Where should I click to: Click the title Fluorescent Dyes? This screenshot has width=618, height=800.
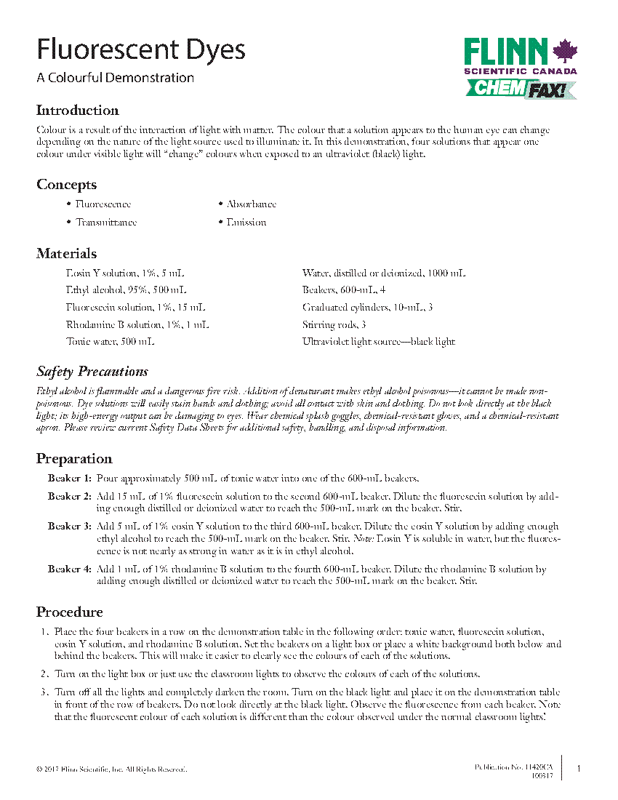pyautogui.click(x=141, y=50)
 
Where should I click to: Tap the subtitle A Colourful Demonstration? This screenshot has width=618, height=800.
pyautogui.click(x=116, y=78)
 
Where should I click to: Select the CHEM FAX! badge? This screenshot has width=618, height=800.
pyautogui.click(x=521, y=89)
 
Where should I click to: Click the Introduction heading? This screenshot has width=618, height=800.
pyautogui.click(x=78, y=111)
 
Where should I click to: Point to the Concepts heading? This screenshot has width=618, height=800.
pyautogui.click(x=67, y=185)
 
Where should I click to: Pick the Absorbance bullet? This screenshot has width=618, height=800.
pyautogui.click(x=251, y=204)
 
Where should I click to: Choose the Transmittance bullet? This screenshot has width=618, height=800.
pyautogui.click(x=106, y=223)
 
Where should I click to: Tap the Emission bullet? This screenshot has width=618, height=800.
pyautogui.click(x=246, y=223)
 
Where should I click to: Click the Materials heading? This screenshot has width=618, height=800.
pyautogui.click(x=67, y=254)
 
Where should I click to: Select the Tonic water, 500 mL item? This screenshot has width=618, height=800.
pyautogui.click(x=110, y=341)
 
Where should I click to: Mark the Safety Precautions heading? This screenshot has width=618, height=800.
pyautogui.click(x=92, y=372)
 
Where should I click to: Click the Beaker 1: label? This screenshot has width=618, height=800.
pyautogui.click(x=70, y=478)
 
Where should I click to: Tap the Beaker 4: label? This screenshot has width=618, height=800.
pyautogui.click(x=70, y=569)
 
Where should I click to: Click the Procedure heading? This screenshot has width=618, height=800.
pyautogui.click(x=70, y=612)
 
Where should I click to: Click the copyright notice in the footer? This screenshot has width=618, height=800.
pyautogui.click(x=111, y=769)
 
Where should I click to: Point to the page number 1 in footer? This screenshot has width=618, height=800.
pyautogui.click(x=578, y=768)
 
